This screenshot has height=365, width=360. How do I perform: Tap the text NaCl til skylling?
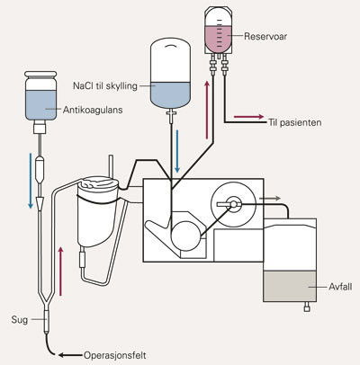coord(105,86)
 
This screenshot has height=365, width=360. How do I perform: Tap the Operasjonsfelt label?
coord(109,354)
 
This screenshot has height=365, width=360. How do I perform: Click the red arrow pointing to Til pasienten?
coord(247,117)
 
